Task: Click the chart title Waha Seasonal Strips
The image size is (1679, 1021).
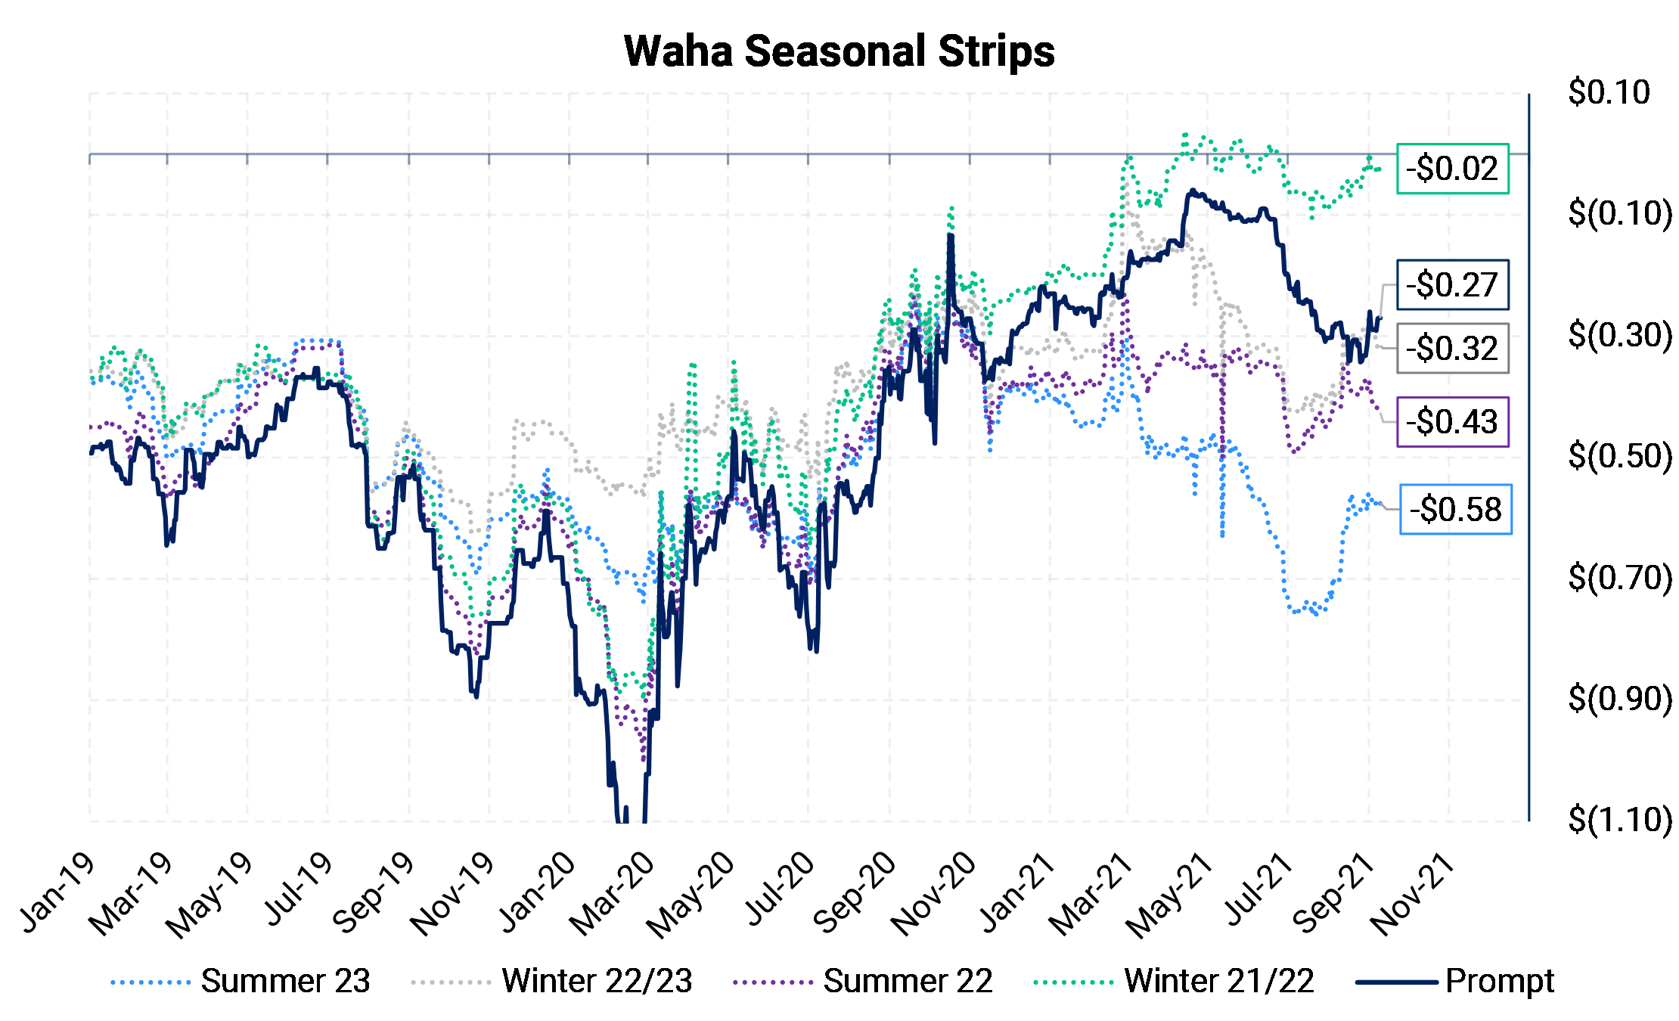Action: (x=839, y=51)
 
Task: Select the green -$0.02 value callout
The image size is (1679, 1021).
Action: (x=1452, y=169)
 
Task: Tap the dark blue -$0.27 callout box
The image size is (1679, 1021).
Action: (x=1452, y=285)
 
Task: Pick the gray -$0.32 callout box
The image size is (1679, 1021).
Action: (x=1452, y=349)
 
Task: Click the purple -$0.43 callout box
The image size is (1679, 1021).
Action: (x=1452, y=422)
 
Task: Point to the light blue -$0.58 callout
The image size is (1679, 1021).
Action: (x=1455, y=509)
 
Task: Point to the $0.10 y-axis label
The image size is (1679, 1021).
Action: (x=1609, y=92)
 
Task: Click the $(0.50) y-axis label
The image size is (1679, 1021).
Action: (x=1619, y=456)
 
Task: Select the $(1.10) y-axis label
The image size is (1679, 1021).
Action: (x=1619, y=820)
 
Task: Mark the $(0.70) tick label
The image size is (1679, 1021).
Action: (x=1619, y=578)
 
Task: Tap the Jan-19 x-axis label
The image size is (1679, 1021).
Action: (x=59, y=892)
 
